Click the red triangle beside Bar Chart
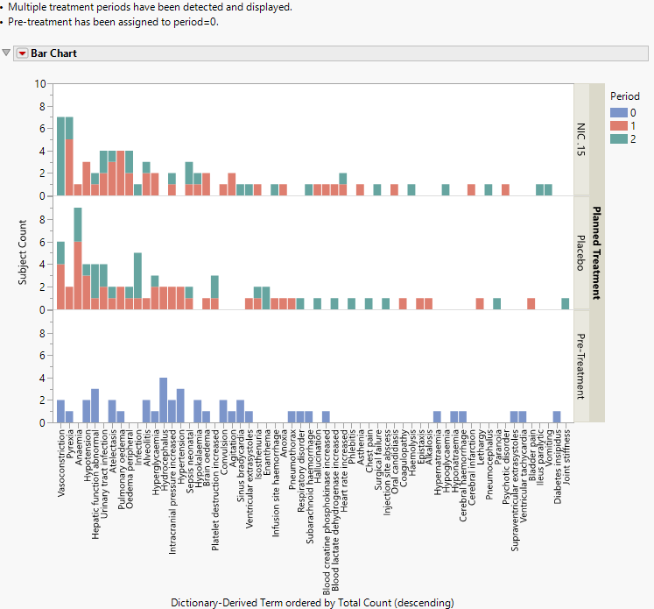(x=22, y=53)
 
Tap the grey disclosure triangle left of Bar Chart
(x=7, y=53)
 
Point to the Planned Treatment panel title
(x=596, y=253)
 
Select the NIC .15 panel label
(x=581, y=140)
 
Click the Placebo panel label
(x=581, y=253)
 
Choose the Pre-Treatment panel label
(x=581, y=366)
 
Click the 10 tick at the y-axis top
(x=39, y=84)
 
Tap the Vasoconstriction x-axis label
(x=61, y=461)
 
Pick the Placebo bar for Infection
(x=137, y=281)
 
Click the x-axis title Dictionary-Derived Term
(x=312, y=603)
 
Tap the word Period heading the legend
(x=624, y=95)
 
